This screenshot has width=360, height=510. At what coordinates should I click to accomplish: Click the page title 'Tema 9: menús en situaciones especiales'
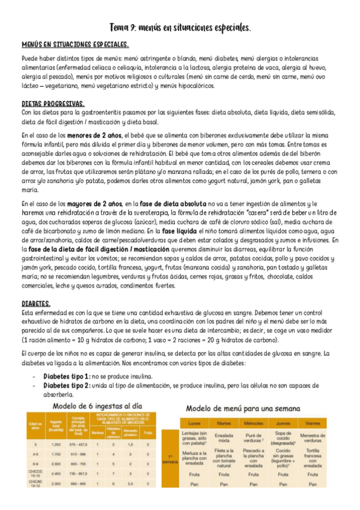pos(180,28)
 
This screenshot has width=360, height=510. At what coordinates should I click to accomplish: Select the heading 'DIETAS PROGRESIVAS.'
pos(53,103)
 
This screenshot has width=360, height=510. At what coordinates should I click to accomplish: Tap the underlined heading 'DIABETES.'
pos(36,304)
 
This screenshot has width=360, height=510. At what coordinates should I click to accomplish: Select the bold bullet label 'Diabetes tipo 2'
pos(66,386)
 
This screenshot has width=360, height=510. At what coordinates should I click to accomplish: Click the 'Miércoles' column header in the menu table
pos(254,423)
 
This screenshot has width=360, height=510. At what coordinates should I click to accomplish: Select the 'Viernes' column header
pos(313,423)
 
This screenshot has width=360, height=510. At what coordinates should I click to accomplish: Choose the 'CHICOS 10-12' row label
pos(35,475)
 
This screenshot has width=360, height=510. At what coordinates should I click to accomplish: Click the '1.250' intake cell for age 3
pos(57,443)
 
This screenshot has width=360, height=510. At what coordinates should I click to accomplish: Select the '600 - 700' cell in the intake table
pos(78,464)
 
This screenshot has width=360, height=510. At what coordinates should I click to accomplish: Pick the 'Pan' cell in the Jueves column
pos(283,484)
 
